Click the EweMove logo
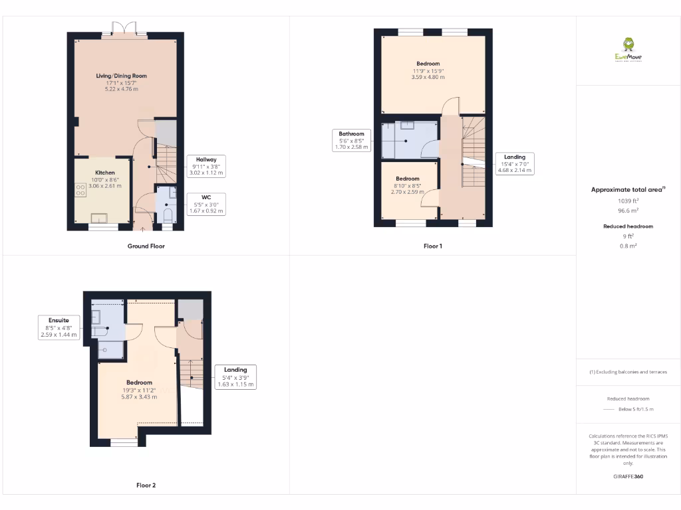click(x=628, y=50)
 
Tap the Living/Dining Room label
click(x=121, y=76)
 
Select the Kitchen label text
click(x=104, y=173)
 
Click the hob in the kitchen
click(x=80, y=191)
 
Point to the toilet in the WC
click(x=168, y=214)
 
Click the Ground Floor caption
click(x=146, y=246)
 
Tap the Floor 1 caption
click(x=432, y=246)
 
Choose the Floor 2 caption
click(x=146, y=485)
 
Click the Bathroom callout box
click(x=351, y=141)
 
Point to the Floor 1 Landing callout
click(x=514, y=163)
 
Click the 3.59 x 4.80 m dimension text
click(x=428, y=78)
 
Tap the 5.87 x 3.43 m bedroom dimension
click(x=139, y=396)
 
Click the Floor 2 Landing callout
click(x=235, y=377)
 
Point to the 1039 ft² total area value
click(x=628, y=201)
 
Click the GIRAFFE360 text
click(x=628, y=476)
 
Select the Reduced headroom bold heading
click(x=628, y=226)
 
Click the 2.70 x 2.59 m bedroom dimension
click(x=408, y=193)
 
